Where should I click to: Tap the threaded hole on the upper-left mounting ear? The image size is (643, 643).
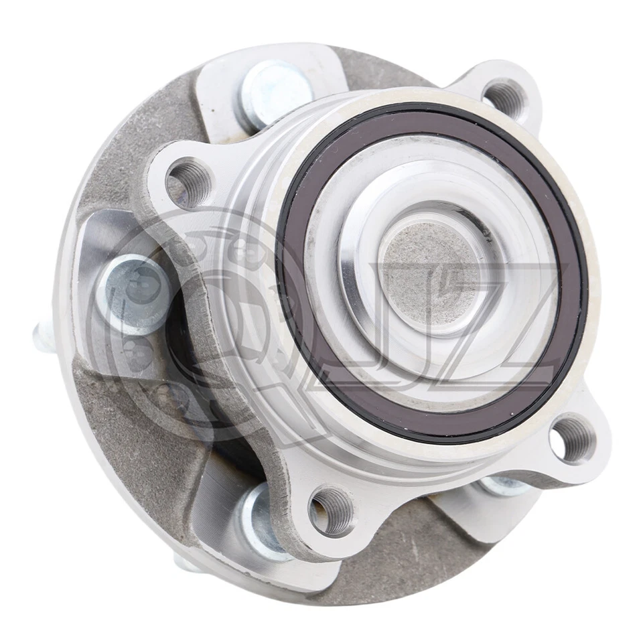pyautogui.click(x=188, y=182)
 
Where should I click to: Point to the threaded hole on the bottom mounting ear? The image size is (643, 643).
pyautogui.click(x=332, y=510)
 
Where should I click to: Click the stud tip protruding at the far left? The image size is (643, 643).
pyautogui.click(x=40, y=336)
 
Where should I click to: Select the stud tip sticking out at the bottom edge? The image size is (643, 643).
pyautogui.click(x=188, y=563)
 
